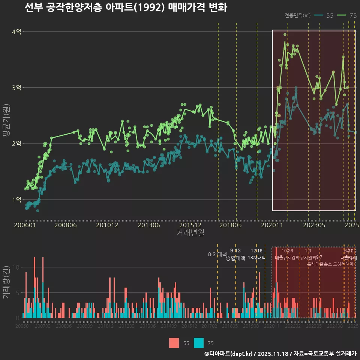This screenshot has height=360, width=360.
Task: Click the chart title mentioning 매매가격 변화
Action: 126,8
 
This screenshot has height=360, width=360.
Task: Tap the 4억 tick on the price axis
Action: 17,32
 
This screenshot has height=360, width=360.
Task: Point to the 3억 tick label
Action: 17,88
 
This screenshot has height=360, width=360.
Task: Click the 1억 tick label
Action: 17,199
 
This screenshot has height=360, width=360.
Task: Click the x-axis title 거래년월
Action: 190,233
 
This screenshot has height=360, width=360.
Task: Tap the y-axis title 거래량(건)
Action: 6,280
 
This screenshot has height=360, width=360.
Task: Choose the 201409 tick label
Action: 169,326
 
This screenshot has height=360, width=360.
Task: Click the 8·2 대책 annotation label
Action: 217,254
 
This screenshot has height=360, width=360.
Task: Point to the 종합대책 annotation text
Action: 235,258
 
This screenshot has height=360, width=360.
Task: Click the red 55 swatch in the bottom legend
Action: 174,343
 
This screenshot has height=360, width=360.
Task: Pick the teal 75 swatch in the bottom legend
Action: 199,343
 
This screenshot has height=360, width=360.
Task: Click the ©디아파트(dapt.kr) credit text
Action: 229,354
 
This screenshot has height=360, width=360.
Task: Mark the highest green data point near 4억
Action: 285,34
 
